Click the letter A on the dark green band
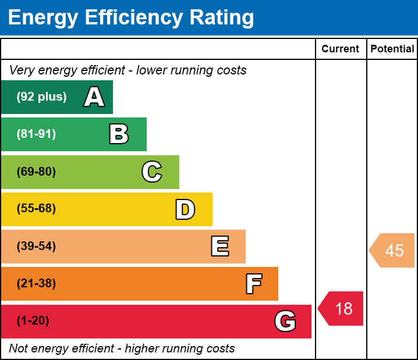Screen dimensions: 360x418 [94, 97]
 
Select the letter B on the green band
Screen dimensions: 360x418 [119, 134]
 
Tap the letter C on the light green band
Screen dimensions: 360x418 [152, 172]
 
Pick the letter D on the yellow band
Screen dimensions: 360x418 [185, 209]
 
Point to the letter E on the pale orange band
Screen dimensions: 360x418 [219, 247]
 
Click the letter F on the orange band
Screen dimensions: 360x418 [253, 284]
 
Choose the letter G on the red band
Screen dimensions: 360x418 [285, 321]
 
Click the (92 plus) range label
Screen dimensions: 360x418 [41, 97]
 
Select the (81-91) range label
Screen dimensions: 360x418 [36, 134]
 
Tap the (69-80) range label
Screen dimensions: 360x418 [36, 172]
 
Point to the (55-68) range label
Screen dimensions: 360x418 [36, 209]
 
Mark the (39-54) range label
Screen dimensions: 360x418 [36, 247]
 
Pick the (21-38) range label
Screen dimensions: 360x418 [36, 284]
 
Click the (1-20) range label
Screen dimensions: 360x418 [33, 321]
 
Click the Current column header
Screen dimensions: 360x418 [341, 49]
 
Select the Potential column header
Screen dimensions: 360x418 [392, 49]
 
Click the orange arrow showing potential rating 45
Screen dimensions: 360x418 [392, 251]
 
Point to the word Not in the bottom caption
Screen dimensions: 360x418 [19, 349]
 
